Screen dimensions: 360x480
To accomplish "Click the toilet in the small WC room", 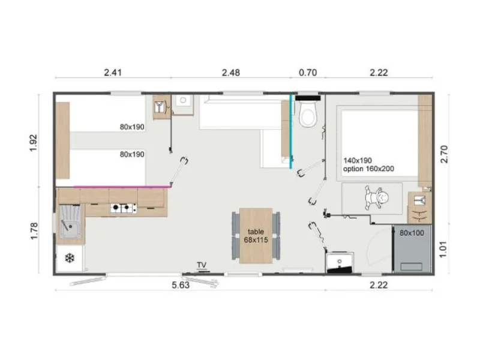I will pos(308,115).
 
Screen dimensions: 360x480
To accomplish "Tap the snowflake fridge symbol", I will pos(69,258).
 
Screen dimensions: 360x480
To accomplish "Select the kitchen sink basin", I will pos(70,226).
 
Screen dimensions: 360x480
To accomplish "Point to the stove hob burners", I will pos(123,209).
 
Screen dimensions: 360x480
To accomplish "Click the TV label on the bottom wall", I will pos(202,265).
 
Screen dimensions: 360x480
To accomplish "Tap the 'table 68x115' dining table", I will pos(256,235).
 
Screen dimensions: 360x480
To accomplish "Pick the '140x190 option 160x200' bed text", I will pos(368,165).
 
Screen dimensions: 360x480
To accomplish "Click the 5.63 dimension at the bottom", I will pos(180,285).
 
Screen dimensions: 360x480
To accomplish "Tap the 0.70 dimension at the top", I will pos(307,73).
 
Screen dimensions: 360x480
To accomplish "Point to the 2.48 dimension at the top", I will pos(230,73).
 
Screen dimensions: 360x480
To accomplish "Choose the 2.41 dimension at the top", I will pos(113,73).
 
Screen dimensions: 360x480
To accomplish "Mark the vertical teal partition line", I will pos(292,129).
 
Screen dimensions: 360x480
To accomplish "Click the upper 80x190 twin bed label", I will pos(132,127).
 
